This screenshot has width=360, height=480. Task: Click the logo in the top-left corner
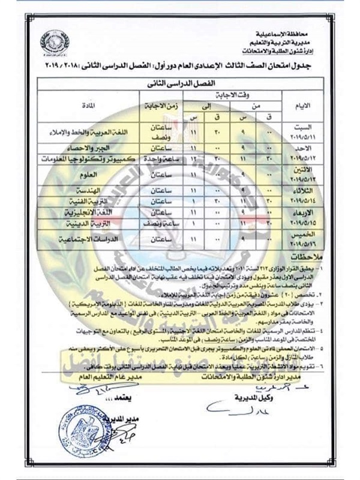pyautogui.click(x=54, y=41)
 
